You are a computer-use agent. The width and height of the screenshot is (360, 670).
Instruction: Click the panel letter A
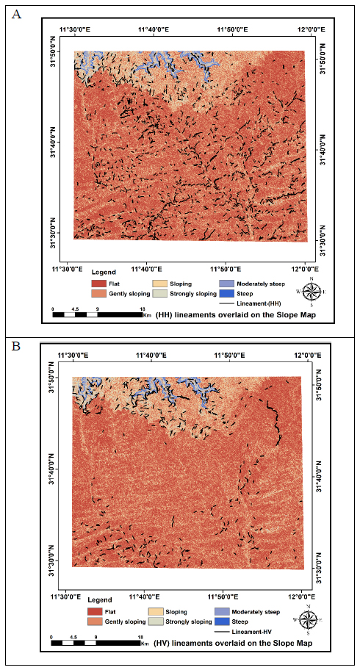pos(17,14)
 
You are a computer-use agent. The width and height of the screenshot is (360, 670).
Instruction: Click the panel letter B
pos(16,346)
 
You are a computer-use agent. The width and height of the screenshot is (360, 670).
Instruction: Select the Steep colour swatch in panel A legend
pos(228,294)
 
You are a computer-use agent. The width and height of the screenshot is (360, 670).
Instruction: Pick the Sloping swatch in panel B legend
pos(157,612)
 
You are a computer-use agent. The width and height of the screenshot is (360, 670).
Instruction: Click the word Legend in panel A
pos(102,272)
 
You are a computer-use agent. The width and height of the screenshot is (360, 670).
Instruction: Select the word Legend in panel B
pos(100,599)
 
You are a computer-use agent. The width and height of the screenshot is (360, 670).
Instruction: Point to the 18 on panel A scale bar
pos(143,308)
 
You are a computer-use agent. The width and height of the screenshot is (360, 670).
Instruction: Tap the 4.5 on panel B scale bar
pos(73,636)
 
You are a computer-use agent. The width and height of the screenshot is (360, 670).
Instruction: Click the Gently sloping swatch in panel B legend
pos(98,621)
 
